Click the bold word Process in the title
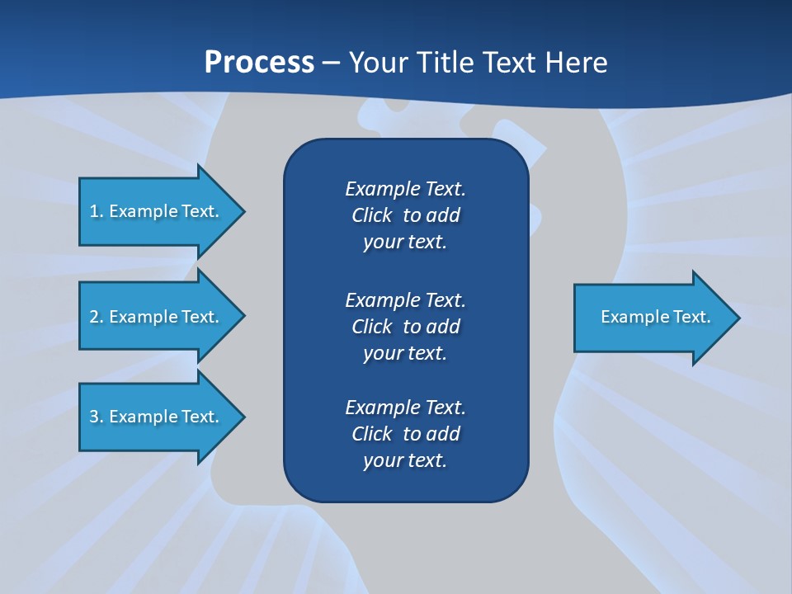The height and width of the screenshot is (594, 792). (259, 63)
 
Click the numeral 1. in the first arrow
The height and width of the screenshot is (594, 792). (96, 211)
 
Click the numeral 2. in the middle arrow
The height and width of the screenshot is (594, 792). (96, 317)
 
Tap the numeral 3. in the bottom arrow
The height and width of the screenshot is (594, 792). (96, 417)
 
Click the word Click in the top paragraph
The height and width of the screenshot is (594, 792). (371, 215)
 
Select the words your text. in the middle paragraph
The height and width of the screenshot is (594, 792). (405, 353)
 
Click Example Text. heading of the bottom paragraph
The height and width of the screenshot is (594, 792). (405, 408)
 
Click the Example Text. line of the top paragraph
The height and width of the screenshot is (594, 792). (405, 189)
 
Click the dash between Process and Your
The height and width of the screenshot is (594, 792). (332, 64)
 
